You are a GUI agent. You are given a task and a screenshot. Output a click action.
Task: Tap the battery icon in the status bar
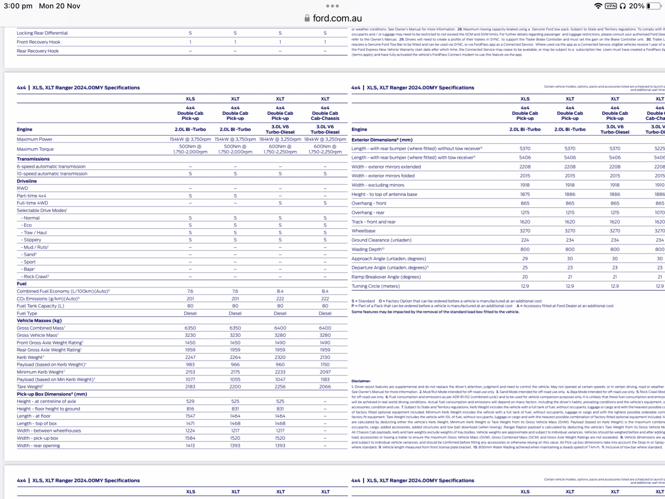[x=653, y=6]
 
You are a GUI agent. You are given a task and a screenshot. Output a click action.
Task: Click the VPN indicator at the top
[x=611, y=6]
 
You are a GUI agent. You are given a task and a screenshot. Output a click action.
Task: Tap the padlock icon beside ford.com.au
[x=307, y=18]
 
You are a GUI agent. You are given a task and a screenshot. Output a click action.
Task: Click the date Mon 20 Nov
[x=60, y=6]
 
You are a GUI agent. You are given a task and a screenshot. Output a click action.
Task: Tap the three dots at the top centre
[x=332, y=6]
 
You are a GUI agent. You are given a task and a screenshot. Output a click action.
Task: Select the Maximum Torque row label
[x=35, y=149]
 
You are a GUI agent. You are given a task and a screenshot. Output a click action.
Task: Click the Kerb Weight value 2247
[x=190, y=357]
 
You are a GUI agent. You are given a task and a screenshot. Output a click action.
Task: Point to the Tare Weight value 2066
[x=325, y=387]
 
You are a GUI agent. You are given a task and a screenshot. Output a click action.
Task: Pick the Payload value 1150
[x=325, y=365]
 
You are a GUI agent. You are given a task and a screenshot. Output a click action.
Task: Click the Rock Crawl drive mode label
[x=36, y=277]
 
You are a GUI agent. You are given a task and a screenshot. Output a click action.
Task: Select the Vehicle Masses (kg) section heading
[x=39, y=321]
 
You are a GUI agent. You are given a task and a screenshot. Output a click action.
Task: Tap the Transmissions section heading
[x=33, y=159]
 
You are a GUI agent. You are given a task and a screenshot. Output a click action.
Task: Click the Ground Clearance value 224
[x=525, y=240]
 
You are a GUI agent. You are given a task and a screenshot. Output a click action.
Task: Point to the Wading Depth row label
[x=368, y=249]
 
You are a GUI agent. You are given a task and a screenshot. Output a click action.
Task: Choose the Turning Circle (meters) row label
[x=375, y=286]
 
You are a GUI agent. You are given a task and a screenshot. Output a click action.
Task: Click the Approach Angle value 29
[x=525, y=259]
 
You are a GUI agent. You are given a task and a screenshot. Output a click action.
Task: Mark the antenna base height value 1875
[x=525, y=195]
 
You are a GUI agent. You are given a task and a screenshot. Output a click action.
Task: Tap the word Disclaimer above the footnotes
[x=361, y=381]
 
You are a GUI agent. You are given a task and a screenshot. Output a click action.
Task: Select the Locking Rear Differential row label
[x=42, y=33]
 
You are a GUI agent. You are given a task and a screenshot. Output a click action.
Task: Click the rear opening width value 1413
[x=190, y=446]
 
